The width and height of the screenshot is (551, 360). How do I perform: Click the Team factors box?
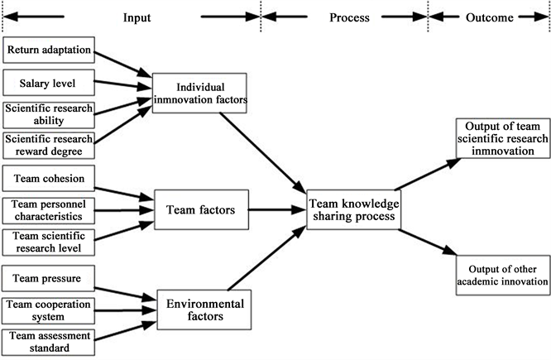tap(200, 210)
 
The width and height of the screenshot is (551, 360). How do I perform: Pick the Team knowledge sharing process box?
tap(352, 209)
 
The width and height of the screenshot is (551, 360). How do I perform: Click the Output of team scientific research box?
tap(501, 137)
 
